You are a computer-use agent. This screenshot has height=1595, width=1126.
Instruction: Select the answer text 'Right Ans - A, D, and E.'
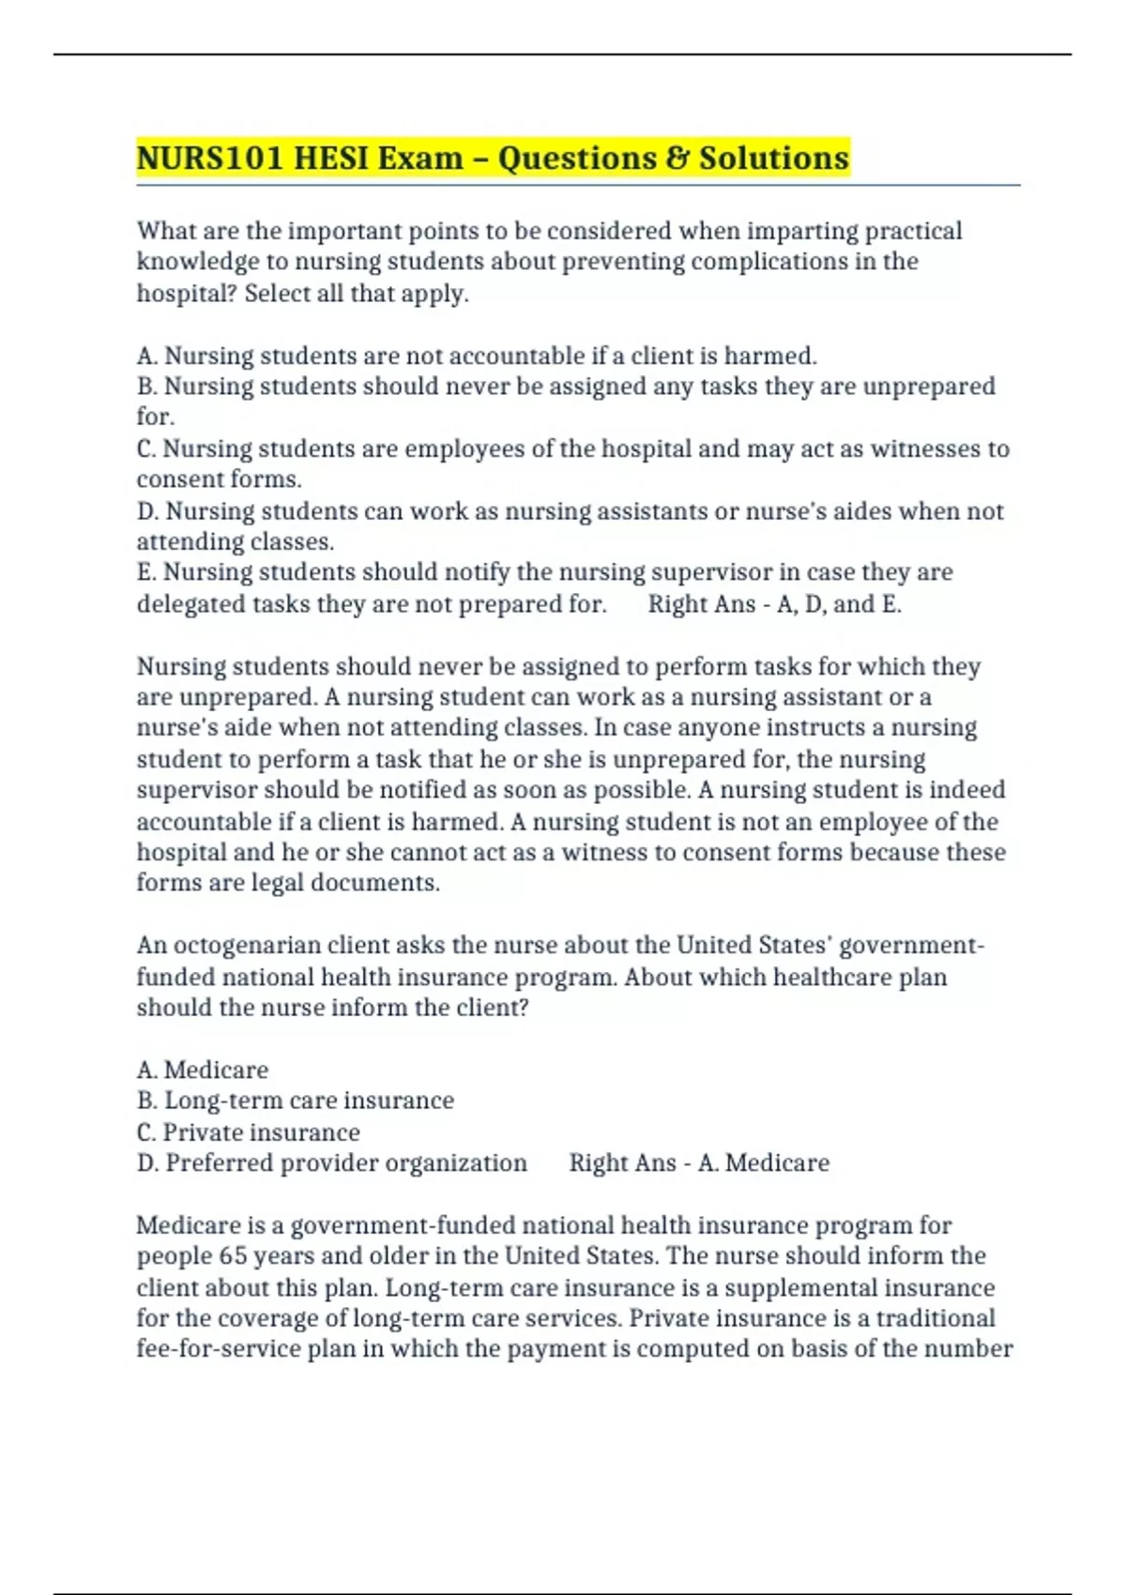pyautogui.click(x=774, y=604)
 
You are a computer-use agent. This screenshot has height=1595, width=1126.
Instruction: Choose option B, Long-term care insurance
pyautogui.click(x=296, y=1101)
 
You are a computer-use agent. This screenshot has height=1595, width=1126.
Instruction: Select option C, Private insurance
pyautogui.click(x=249, y=1132)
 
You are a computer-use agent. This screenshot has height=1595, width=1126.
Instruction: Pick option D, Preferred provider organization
pyautogui.click(x=332, y=1163)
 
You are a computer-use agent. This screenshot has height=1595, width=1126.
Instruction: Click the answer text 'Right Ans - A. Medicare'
pyautogui.click(x=699, y=1163)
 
